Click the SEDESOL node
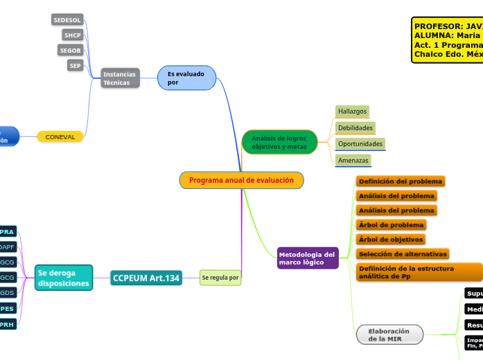(x=67, y=20)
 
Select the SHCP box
(x=72, y=35)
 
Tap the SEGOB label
(x=70, y=50)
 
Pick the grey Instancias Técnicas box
(x=120, y=78)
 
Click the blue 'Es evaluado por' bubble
(x=186, y=78)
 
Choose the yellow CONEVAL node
(x=60, y=137)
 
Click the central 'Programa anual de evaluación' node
(x=241, y=180)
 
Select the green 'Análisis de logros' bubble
(x=279, y=142)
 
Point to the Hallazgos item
(x=352, y=111)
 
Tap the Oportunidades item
(x=360, y=144)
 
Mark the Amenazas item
(x=353, y=161)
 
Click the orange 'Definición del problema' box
(x=400, y=181)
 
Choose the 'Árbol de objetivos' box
(x=390, y=240)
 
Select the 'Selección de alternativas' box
(x=402, y=254)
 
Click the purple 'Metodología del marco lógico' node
(x=307, y=258)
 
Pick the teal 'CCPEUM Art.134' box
(x=146, y=278)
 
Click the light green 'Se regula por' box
(x=220, y=278)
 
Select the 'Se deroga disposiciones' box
(x=63, y=278)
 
